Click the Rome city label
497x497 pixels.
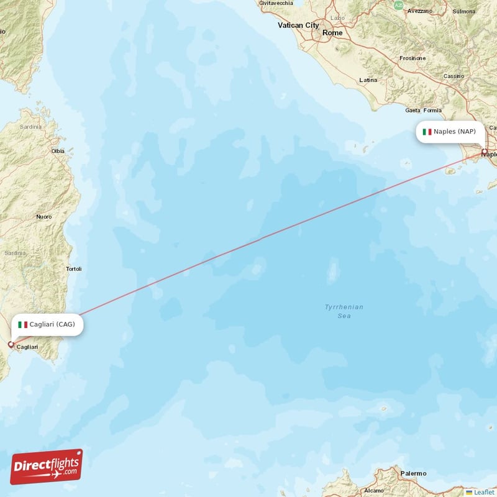coord(332,32)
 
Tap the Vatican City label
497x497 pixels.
coord(298,25)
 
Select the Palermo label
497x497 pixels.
coord(413,473)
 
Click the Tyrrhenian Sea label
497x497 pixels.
coord(344,311)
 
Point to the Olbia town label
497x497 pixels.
coord(58,151)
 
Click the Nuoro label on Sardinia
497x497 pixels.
coord(43,217)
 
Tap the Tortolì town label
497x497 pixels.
coord(73,269)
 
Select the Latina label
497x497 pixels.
coord(368,80)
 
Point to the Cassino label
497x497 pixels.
coord(454,76)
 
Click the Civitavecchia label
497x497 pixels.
coord(276,3)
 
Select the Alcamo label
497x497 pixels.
coord(373,491)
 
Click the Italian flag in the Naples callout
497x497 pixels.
coord(427,132)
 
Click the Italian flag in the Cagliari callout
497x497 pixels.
coord(23,324)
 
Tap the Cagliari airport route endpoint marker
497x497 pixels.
coord(11,344)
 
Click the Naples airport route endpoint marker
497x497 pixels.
coord(485,152)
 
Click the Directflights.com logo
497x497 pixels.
coord(47,467)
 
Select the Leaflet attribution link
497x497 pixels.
coord(483,492)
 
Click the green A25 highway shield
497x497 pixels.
coord(398,5)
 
